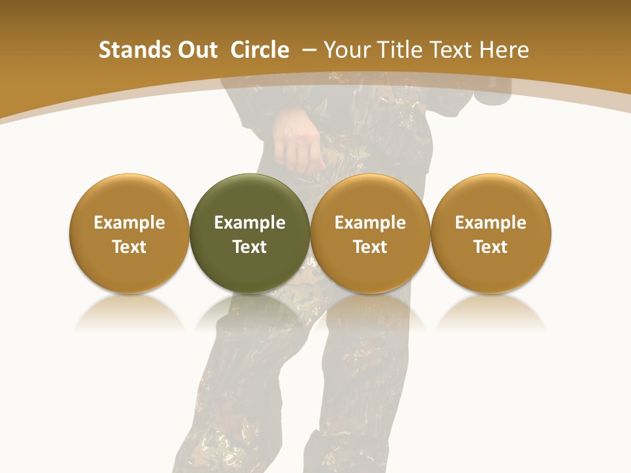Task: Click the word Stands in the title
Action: (x=134, y=50)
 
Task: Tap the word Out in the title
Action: (x=197, y=50)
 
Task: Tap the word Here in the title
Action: (x=504, y=50)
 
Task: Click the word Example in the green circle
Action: (x=250, y=223)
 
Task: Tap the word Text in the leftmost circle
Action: (x=129, y=247)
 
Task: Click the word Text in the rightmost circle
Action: (x=491, y=247)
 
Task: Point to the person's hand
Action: (x=297, y=141)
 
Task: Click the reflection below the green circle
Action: (x=250, y=312)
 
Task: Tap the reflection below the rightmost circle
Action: (x=491, y=312)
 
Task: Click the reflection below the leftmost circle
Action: (x=129, y=312)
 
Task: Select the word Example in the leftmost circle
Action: (x=129, y=223)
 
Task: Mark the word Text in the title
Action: (x=452, y=50)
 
